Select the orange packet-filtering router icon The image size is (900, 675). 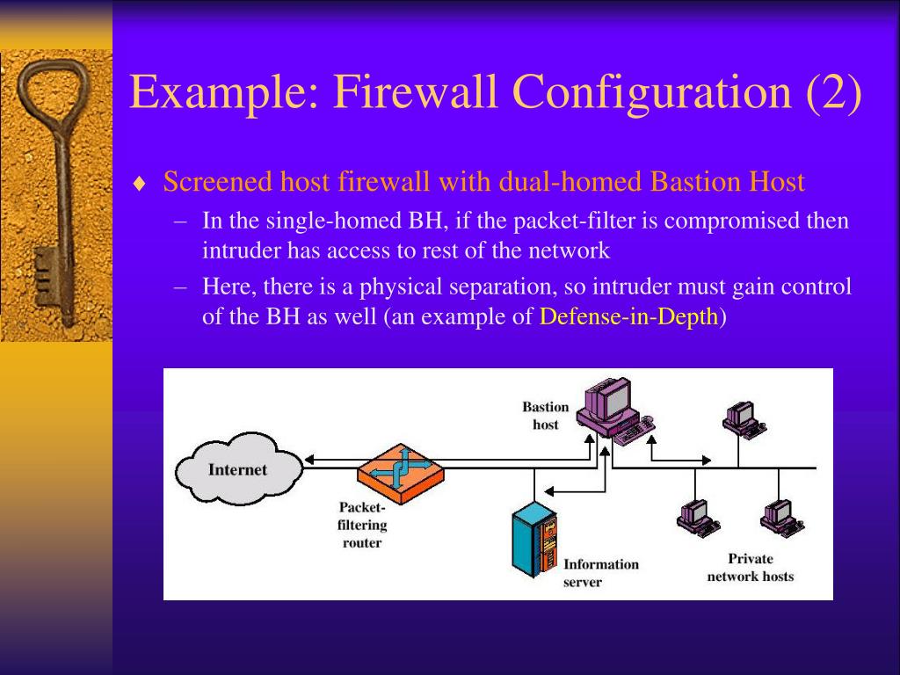click(x=401, y=471)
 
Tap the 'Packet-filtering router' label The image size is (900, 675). click(x=362, y=525)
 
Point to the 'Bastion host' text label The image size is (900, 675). click(x=546, y=416)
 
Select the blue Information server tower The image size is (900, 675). click(x=534, y=540)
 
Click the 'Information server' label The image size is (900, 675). click(x=600, y=573)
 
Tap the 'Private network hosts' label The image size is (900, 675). click(x=750, y=568)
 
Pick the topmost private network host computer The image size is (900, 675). click(x=740, y=420)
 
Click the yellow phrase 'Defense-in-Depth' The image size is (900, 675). click(x=628, y=317)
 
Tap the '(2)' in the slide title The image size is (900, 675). click(x=832, y=92)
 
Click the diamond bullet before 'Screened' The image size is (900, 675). click(x=139, y=184)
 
